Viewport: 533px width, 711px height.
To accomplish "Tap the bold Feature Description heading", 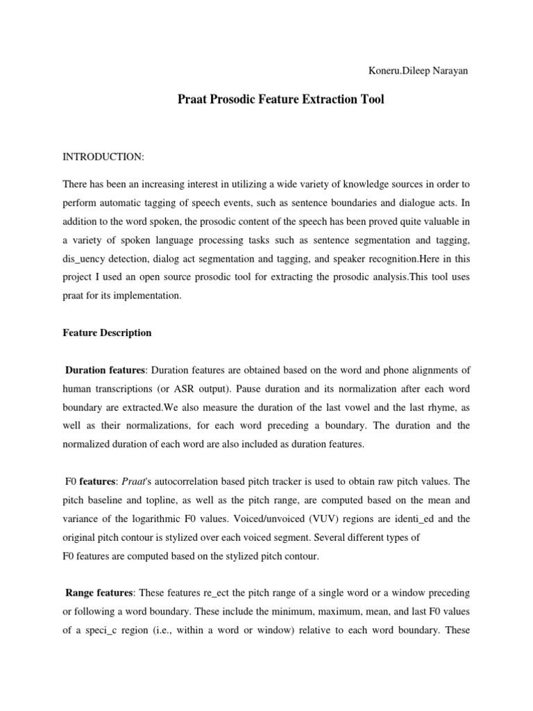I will (107, 333).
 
